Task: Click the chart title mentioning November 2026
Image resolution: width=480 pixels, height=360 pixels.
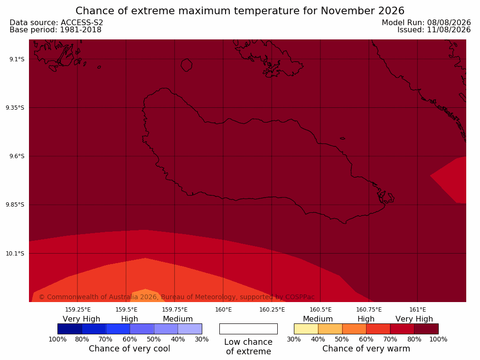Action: coord(240,11)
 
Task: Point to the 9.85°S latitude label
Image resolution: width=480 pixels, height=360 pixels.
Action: coord(15,205)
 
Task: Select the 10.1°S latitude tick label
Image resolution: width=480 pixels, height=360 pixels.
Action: coord(15,253)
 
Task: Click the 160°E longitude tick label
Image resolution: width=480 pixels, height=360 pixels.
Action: coord(224,310)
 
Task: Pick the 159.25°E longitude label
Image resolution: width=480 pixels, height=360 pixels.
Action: coord(78,310)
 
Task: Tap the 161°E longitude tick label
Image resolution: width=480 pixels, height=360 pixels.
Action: coord(417,310)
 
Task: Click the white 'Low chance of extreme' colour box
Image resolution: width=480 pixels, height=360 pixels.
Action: coord(249,329)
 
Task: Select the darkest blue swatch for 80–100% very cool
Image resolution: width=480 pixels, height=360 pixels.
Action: coord(70,329)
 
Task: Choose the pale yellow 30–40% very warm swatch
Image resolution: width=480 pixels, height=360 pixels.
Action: coord(306,329)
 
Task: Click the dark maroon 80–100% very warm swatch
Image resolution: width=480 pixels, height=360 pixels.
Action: coord(426,329)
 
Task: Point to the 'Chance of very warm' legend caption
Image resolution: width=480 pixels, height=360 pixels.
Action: coord(366,349)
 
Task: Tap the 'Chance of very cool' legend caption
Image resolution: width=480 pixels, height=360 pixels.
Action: coord(130,349)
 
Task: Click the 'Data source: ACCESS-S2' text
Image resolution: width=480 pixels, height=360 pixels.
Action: coord(56,23)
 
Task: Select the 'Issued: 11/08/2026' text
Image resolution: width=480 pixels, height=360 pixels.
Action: coord(434,30)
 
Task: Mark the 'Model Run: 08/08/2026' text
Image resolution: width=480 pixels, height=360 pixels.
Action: coord(426,23)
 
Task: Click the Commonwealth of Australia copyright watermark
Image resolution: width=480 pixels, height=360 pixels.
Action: coord(177,297)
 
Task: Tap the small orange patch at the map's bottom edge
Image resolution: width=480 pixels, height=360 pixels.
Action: coord(146,296)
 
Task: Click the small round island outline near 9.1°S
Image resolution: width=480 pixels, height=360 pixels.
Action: coord(187,65)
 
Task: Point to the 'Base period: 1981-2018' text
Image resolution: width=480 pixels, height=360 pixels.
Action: coord(56,30)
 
